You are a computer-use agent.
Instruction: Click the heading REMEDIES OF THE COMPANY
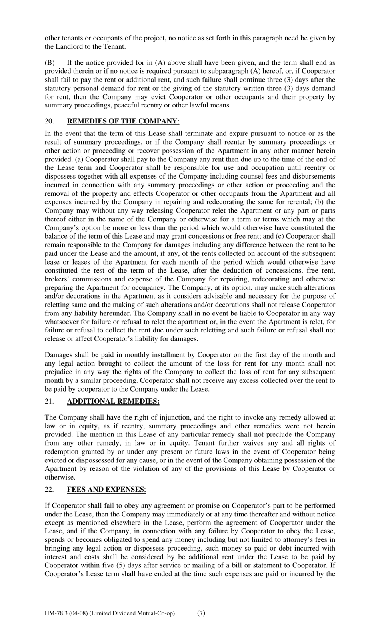pos(122,121)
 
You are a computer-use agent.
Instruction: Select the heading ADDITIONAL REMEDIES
pos(113,401)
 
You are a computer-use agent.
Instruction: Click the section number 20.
pos(49,121)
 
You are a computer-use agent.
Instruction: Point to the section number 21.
pos(49,401)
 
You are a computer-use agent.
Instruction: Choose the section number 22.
pos(49,489)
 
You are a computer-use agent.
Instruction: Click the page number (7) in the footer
pos(201,613)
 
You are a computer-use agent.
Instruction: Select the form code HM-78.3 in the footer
pos(56,613)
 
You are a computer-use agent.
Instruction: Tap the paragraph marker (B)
pos(50,63)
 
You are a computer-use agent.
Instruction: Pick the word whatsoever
pos(62,322)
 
